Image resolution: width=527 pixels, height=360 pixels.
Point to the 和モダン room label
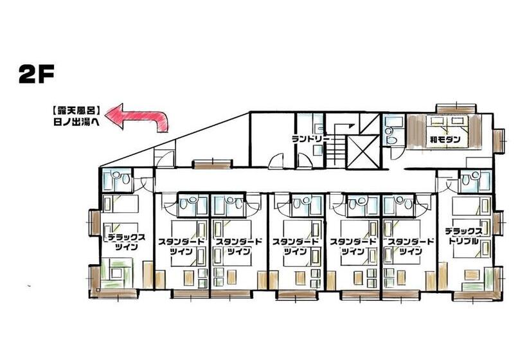(444, 137)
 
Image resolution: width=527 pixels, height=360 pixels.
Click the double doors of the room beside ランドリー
(276, 163)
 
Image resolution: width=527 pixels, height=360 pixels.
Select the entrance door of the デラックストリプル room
(443, 183)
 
